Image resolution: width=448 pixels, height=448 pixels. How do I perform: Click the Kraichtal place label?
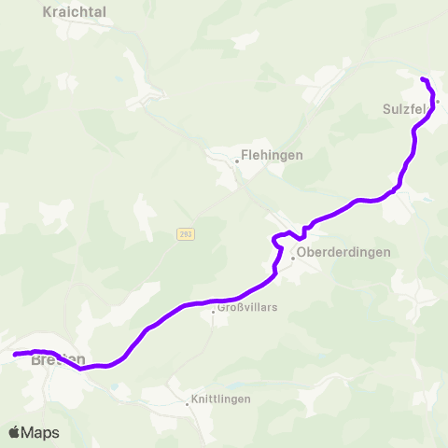75,11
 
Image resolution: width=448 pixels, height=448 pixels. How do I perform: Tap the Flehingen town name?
272,156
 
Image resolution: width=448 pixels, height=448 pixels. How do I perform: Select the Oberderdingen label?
343,252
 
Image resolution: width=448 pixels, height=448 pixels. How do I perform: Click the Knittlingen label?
220,399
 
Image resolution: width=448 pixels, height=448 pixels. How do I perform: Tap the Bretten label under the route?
59,360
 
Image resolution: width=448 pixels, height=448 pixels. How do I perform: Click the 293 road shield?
186,234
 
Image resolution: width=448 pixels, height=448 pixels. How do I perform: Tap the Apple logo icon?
15,432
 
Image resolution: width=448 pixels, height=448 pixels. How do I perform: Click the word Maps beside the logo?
40,432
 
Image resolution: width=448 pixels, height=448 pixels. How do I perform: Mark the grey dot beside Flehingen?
237,161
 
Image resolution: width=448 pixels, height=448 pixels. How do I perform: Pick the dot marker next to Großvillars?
214,311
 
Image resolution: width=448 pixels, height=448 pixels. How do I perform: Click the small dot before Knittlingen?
187,404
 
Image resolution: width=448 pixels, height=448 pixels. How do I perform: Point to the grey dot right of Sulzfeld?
437,102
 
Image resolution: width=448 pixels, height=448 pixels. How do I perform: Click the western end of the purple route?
14,355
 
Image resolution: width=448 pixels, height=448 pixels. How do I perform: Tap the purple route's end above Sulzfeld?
423,78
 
